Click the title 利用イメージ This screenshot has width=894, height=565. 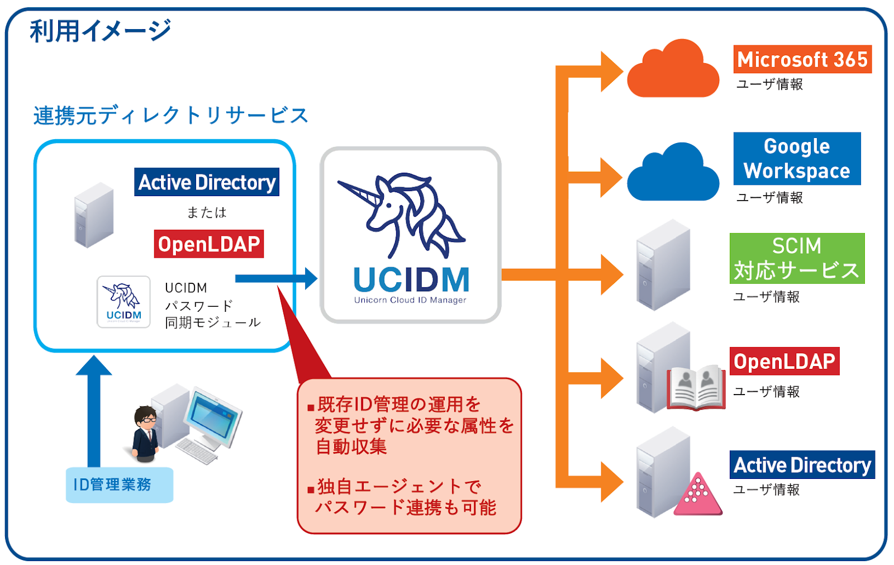click(x=100, y=31)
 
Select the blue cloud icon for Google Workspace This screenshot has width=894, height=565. click(x=673, y=174)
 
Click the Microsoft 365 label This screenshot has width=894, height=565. click(x=802, y=59)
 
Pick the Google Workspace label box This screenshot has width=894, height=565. click(x=797, y=159)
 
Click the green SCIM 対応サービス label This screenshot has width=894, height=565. click(x=797, y=258)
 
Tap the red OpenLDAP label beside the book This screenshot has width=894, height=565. click(x=784, y=362)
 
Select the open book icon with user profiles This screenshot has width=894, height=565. click(x=696, y=388)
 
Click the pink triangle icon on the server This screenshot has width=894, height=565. click(x=698, y=495)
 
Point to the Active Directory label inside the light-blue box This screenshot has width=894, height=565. click(x=207, y=182)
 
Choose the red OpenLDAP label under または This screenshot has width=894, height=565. click(x=209, y=244)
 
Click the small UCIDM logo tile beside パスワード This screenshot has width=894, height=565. click(x=123, y=302)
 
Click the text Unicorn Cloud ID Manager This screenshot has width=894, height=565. click(x=410, y=300)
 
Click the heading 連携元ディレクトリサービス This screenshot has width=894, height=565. click(x=170, y=116)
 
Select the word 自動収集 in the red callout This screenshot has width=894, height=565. click(x=351, y=447)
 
